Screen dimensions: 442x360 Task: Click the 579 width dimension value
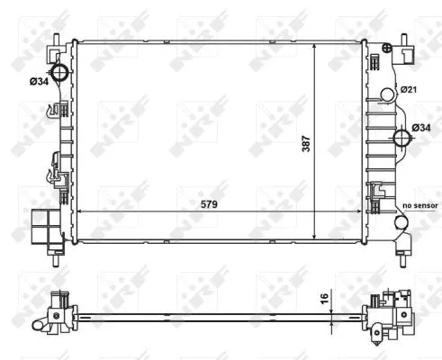point(209,204)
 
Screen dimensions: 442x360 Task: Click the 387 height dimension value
point(306,144)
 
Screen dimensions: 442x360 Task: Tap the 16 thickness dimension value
point(325,299)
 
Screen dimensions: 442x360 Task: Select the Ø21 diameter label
point(409,89)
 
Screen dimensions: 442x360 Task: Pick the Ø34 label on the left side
point(39,81)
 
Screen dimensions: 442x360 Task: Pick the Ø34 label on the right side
point(421,128)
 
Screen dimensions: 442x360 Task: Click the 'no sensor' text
point(420,206)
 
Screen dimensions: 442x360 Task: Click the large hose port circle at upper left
point(59,72)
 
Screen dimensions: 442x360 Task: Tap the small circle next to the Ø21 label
point(388,94)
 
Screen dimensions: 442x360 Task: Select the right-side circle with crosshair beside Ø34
point(401,138)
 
